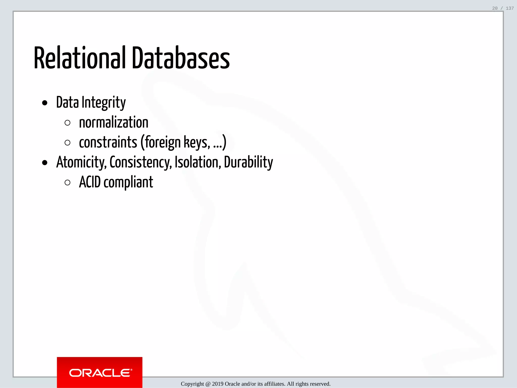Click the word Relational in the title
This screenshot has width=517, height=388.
pos(80,58)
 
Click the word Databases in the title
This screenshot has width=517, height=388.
pos(181,58)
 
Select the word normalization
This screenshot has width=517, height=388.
pos(114,123)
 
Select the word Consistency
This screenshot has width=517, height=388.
pos(141,162)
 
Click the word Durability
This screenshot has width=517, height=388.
pos(248,162)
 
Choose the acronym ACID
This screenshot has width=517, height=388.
pos(90,182)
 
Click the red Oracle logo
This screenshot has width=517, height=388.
pos(99,372)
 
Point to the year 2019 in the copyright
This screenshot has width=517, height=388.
pos(218,384)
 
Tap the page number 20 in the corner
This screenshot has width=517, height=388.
pos(495,8)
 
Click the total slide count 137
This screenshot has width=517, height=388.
pos(510,8)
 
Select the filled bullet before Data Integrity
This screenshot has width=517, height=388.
pos(45,103)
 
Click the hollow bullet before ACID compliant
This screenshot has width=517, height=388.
pos(67,183)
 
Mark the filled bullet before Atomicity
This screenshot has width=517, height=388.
pos(45,163)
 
